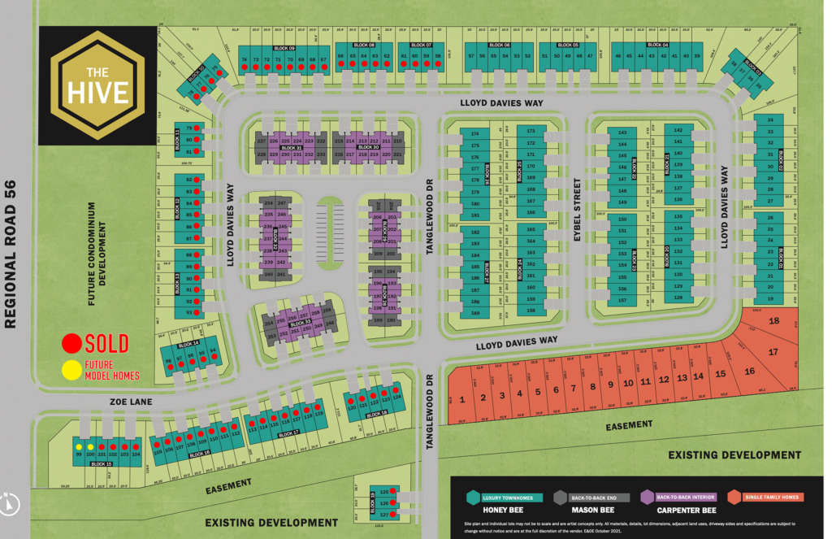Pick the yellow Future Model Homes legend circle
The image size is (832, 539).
point(72,370)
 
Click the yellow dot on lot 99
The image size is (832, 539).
point(79,447)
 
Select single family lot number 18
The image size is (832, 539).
point(773,321)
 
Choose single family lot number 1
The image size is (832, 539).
point(461,399)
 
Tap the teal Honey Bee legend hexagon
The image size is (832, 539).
point(471,497)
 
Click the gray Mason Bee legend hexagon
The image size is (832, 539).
point(561,497)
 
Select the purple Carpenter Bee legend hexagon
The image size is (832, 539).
point(648,497)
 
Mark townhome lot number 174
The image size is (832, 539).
point(475,133)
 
